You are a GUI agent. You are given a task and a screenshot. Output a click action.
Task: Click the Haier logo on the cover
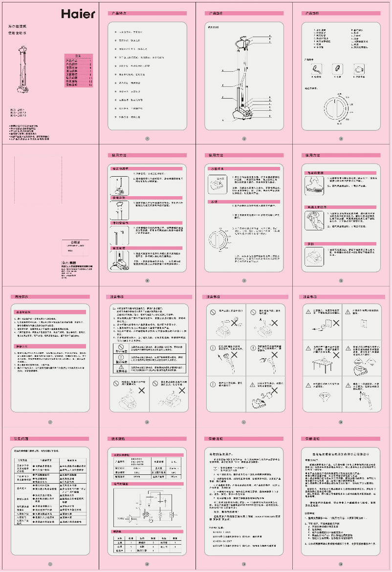point(78,14)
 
